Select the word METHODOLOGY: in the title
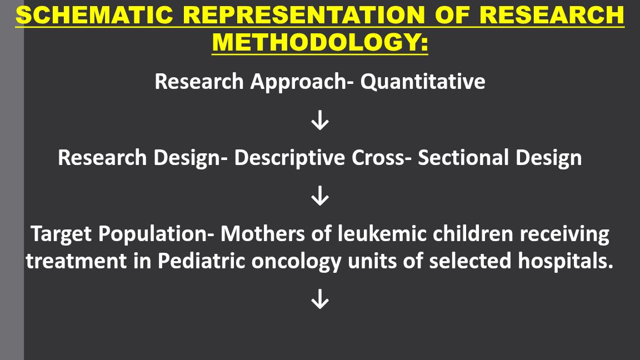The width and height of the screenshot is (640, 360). [x=320, y=43]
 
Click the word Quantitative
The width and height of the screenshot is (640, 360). [x=423, y=82]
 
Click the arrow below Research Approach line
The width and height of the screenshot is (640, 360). [x=320, y=120]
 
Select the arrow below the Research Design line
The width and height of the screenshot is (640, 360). [x=320, y=196]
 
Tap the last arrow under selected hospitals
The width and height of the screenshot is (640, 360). [x=320, y=300]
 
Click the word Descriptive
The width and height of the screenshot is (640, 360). [x=290, y=158]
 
